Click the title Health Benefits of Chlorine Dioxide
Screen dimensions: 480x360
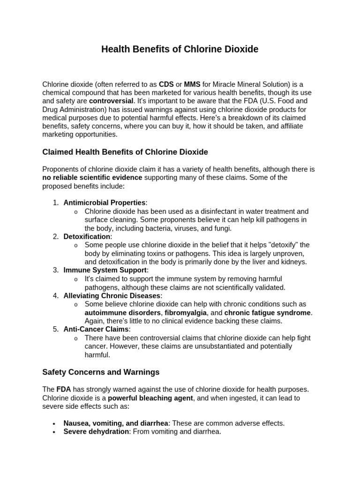[180, 49]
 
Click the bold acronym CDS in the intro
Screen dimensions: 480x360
[166, 84]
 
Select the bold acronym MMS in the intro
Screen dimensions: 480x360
[192, 84]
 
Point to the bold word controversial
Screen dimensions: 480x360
[111, 101]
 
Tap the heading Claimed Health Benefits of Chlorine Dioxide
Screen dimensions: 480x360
[125, 152]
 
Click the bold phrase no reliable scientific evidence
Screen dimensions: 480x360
[92, 178]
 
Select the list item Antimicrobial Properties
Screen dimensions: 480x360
[105, 202]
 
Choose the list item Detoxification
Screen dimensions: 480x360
[87, 237]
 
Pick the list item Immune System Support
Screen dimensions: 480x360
[105, 270]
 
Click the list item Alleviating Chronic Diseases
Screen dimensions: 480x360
[112, 296]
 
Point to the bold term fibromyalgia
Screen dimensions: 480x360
[186, 313]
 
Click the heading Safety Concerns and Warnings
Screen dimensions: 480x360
[101, 372]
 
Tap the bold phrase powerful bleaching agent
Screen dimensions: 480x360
[150, 398]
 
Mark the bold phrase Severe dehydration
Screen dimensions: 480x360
[96, 432]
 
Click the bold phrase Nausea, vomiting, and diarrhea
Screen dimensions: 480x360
[117, 423]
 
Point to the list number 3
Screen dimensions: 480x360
[56, 270]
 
